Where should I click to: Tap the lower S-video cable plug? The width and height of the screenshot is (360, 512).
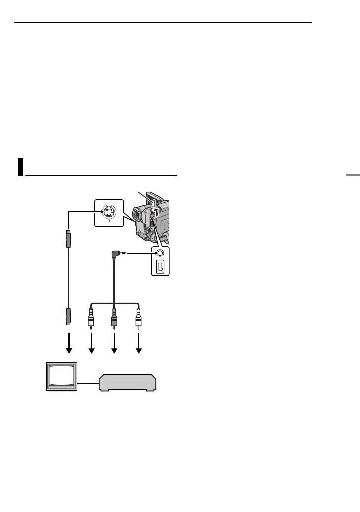[69, 316]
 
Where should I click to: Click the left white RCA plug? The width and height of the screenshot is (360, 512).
[91, 319]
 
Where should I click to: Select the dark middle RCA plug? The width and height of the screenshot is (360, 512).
[115, 319]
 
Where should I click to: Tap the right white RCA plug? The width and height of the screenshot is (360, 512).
[139, 319]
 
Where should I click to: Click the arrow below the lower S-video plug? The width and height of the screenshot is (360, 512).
[69, 344]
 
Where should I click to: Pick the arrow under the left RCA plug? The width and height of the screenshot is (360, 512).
[91, 344]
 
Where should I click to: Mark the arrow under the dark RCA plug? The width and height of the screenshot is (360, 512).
[115, 344]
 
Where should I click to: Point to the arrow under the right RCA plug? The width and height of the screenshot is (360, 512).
[139, 344]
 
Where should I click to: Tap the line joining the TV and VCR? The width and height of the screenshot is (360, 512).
[89, 383]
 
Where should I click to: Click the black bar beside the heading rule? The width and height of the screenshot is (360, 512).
[20, 167]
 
